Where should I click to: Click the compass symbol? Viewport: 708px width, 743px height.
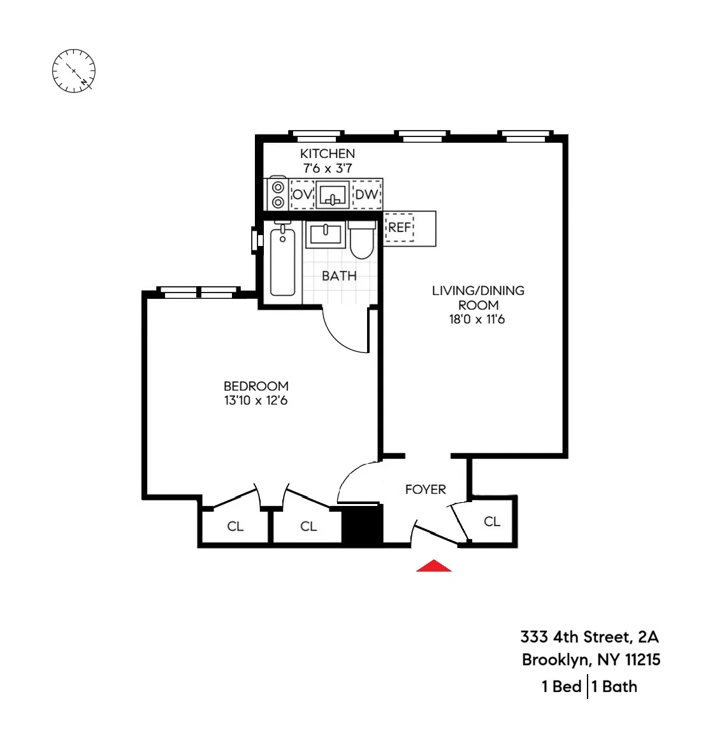coord(73,69)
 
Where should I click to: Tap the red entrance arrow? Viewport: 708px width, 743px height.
coord(433,566)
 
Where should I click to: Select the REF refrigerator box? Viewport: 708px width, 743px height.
coord(400,227)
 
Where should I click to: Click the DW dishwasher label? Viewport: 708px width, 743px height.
coord(366,194)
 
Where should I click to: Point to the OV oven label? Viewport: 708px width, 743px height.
coord(302,194)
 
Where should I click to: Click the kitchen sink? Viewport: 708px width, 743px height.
coord(333,194)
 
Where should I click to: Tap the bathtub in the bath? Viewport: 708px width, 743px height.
coord(282,261)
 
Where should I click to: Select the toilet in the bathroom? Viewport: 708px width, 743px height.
coord(362,241)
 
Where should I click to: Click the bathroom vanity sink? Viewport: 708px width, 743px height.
coord(326,234)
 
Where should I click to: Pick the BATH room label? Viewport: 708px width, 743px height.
coord(339,276)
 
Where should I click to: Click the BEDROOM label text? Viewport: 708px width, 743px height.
coord(256,386)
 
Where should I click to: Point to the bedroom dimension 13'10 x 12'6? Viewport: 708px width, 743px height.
coord(256,401)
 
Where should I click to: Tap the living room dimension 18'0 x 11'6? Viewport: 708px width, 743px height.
coord(477,319)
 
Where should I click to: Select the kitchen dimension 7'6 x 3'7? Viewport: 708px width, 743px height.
coord(328,168)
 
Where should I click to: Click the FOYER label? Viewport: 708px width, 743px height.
coord(426,489)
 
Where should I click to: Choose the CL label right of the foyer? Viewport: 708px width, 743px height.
coord(492,521)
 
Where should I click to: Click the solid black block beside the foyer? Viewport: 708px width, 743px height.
coord(362,526)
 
